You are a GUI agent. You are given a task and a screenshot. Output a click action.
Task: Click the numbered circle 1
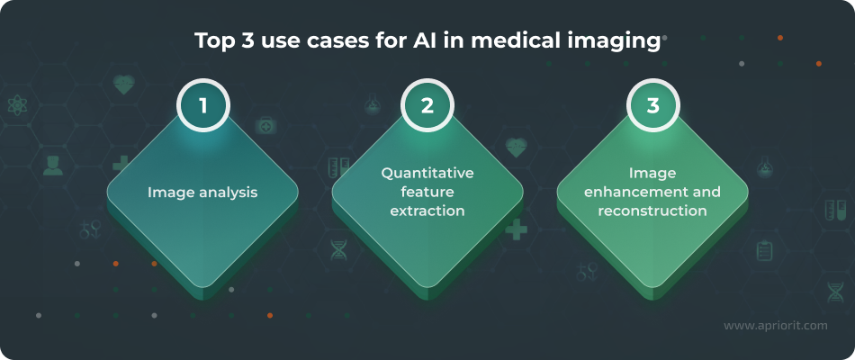coord(203,106)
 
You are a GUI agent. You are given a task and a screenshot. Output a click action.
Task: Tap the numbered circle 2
coord(427,106)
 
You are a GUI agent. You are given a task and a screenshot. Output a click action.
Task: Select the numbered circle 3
coord(652,106)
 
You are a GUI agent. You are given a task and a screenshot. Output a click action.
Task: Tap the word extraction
coord(427,211)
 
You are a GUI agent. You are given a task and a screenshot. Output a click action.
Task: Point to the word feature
coord(427,192)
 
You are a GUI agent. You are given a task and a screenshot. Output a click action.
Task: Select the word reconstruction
coord(652,211)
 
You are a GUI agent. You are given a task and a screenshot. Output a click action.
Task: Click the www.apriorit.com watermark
coord(775,326)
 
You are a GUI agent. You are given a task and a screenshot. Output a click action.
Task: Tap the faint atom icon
coord(18,106)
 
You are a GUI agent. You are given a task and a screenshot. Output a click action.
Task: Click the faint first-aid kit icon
coord(266,126)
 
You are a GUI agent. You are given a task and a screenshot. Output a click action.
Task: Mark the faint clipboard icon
coord(765,250)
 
